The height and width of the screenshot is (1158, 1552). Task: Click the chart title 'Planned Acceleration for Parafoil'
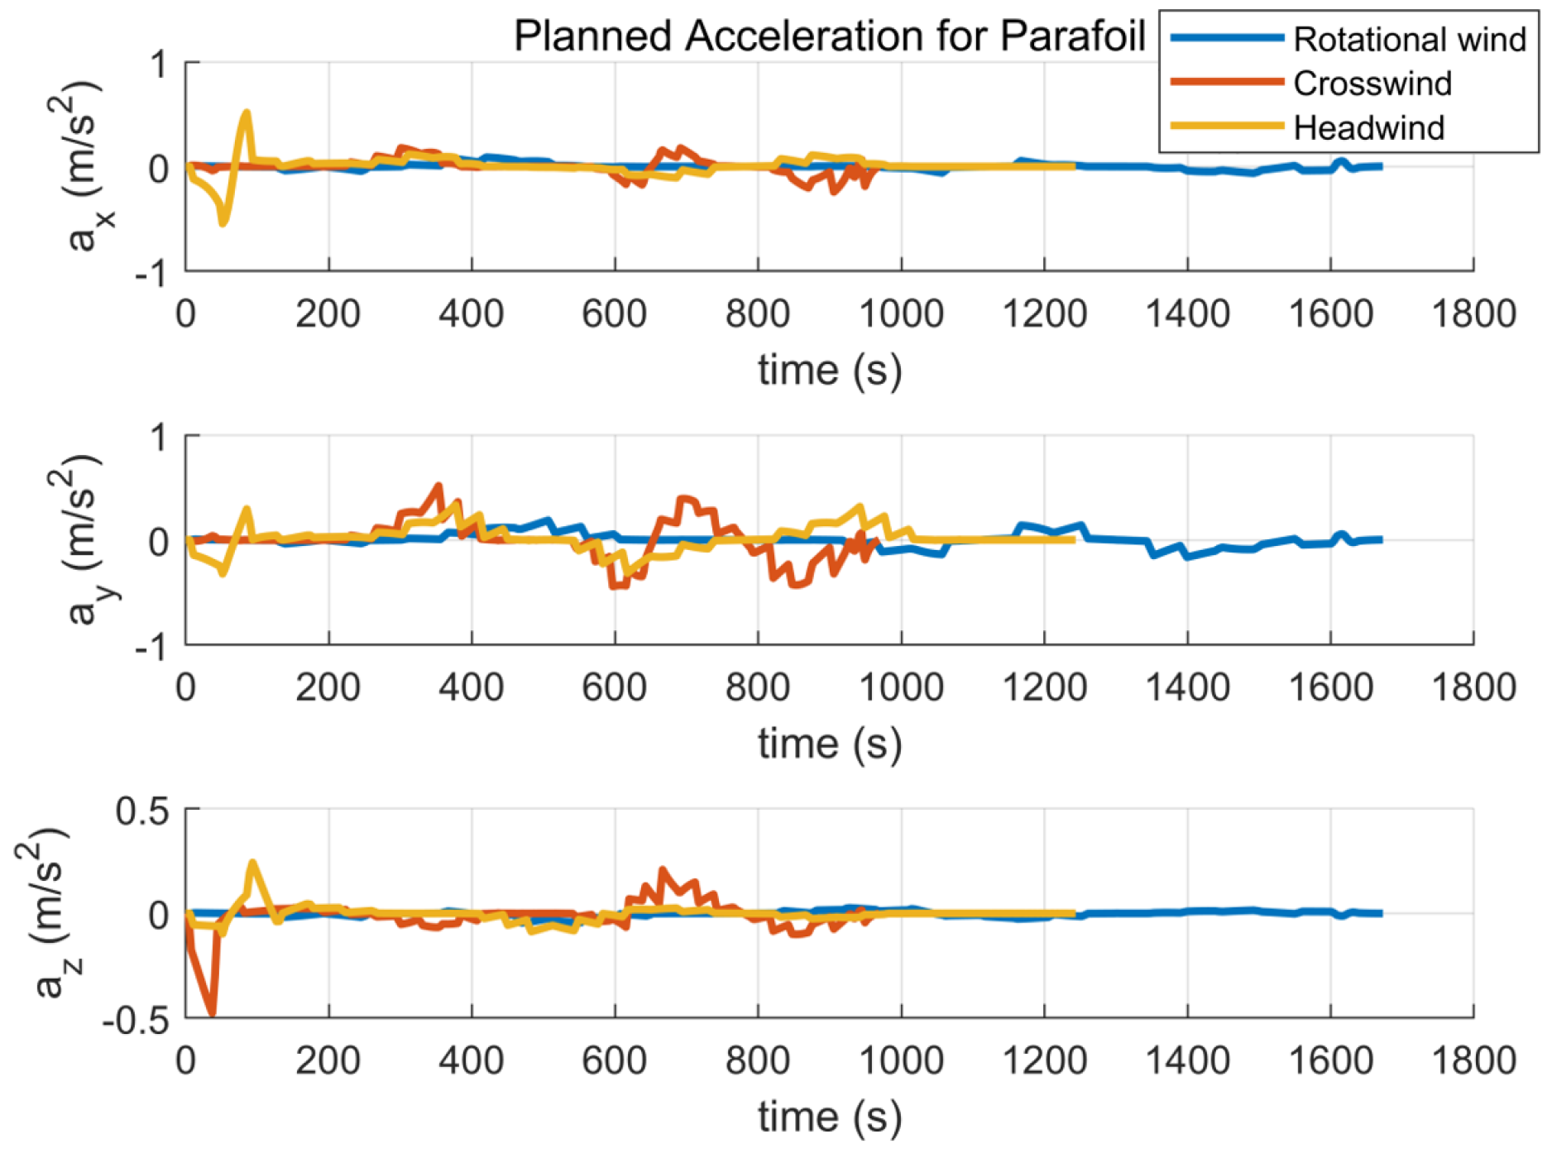click(x=829, y=36)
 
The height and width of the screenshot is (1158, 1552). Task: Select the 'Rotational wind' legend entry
click(x=1408, y=40)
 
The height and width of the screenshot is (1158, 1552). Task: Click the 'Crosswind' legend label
click(x=1372, y=84)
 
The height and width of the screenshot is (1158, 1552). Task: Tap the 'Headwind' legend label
click(x=1368, y=128)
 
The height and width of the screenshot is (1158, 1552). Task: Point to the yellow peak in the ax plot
click(x=247, y=113)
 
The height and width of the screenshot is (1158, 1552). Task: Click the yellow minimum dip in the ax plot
click(x=223, y=222)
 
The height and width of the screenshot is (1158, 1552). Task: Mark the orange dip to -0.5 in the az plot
click(x=212, y=1011)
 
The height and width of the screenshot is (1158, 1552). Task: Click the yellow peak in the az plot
click(x=252, y=864)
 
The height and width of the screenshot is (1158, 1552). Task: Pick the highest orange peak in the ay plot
click(x=438, y=486)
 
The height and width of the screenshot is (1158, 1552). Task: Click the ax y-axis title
click(x=86, y=165)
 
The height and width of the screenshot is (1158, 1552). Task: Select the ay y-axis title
click(x=86, y=539)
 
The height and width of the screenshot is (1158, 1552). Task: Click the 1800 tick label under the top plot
click(x=1473, y=315)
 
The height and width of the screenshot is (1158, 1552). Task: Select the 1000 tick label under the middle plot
click(x=900, y=688)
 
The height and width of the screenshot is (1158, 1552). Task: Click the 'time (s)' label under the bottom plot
click(x=829, y=1117)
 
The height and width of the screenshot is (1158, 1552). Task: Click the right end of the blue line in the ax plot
click(x=1380, y=166)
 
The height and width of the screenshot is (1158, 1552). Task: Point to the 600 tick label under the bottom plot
click(x=614, y=1061)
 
